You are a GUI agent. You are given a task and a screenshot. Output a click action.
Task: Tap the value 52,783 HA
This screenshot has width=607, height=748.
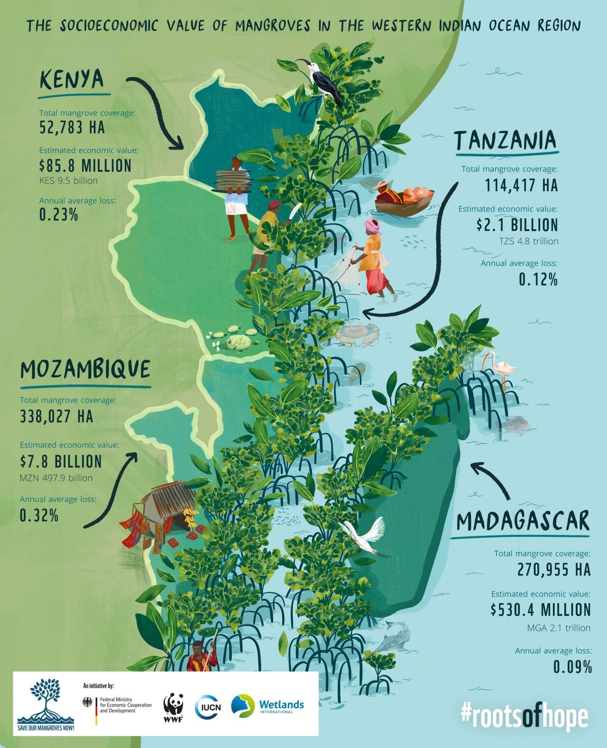click(x=72, y=128)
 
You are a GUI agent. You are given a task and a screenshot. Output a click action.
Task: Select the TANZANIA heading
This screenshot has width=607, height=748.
click(x=506, y=140)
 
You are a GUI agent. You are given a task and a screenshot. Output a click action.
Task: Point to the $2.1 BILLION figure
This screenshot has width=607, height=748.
click(x=517, y=225)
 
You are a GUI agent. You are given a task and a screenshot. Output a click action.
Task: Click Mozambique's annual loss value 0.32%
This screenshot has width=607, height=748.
click(x=39, y=515)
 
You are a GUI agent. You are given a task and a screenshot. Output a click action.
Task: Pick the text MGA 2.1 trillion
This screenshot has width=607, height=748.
click(x=559, y=628)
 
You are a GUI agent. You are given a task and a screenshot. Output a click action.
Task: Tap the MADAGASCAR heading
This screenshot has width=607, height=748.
click(x=523, y=521)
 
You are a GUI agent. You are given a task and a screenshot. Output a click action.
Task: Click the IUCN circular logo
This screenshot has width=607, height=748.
click(x=208, y=707)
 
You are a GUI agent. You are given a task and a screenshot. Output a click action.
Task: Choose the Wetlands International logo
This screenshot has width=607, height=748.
click(x=268, y=706)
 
